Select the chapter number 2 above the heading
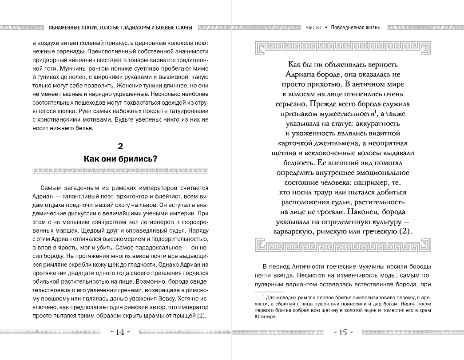(120, 146)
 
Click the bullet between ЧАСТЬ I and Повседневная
(326, 28)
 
